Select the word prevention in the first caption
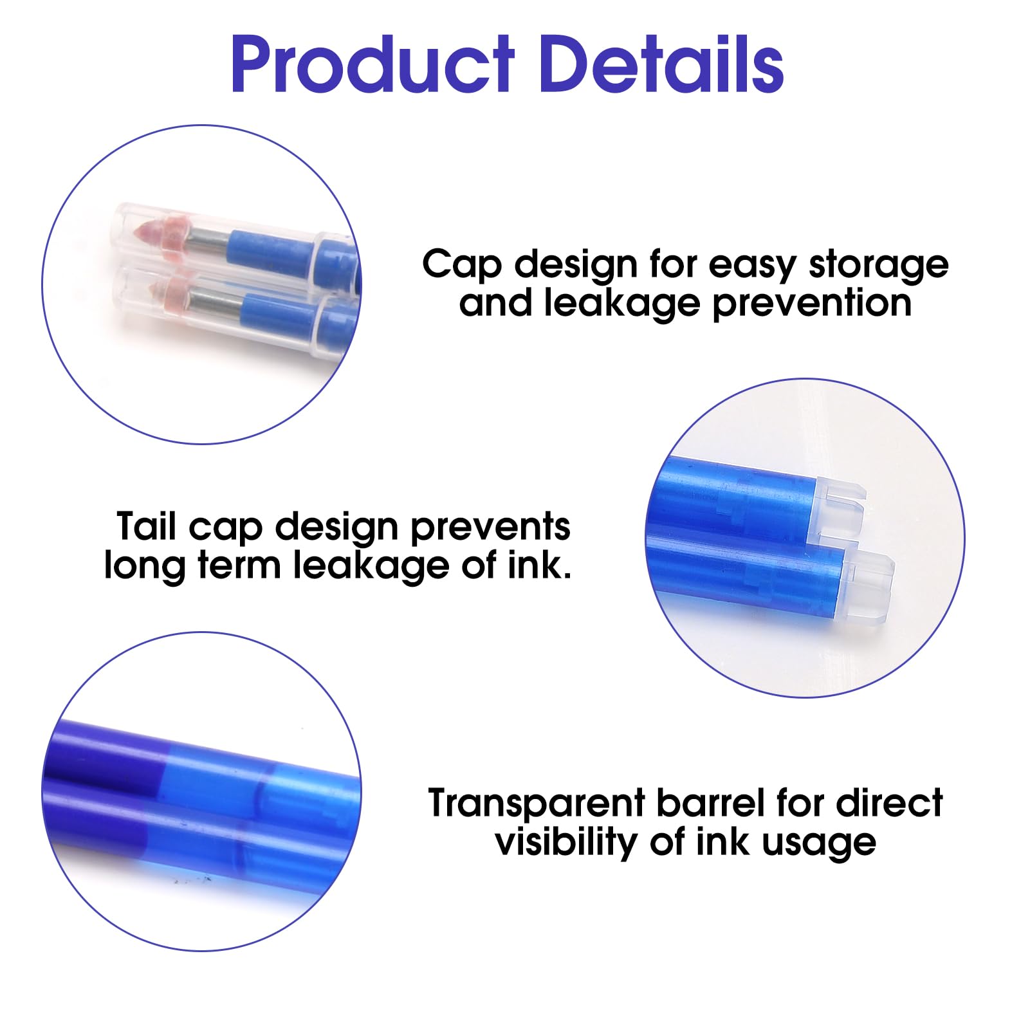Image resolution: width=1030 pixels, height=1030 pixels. pos(813,303)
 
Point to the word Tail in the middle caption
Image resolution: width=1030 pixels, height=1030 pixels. pos(146,526)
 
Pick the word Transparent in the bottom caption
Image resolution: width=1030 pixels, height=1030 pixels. pos(537,804)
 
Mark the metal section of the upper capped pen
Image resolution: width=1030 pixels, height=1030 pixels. pos(208,241)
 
